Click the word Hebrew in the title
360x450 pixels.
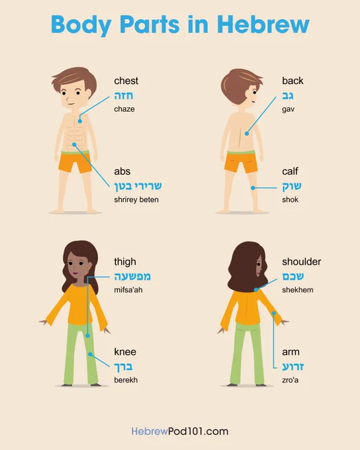(x=263, y=24)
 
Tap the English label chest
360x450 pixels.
(x=126, y=81)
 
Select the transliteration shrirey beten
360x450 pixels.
(x=136, y=199)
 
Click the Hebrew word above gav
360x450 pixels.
(x=288, y=95)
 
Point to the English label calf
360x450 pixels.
(x=290, y=171)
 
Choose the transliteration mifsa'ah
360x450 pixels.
(x=128, y=290)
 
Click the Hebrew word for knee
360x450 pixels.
(x=124, y=367)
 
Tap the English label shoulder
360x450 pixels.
(x=302, y=262)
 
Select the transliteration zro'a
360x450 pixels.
(x=291, y=380)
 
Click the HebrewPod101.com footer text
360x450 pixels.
(x=180, y=431)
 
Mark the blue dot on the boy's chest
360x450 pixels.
(x=80, y=121)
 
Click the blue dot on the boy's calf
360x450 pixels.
(x=253, y=188)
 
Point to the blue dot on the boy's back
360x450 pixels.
(x=247, y=134)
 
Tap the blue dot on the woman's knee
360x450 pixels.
(x=90, y=355)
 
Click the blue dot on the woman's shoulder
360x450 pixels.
(x=256, y=290)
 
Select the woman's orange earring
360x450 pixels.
(x=89, y=268)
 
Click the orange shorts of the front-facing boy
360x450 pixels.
(x=75, y=162)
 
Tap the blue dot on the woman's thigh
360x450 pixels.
(x=88, y=336)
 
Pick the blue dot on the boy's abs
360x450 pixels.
(x=74, y=144)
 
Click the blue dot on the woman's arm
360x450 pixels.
(x=274, y=314)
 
